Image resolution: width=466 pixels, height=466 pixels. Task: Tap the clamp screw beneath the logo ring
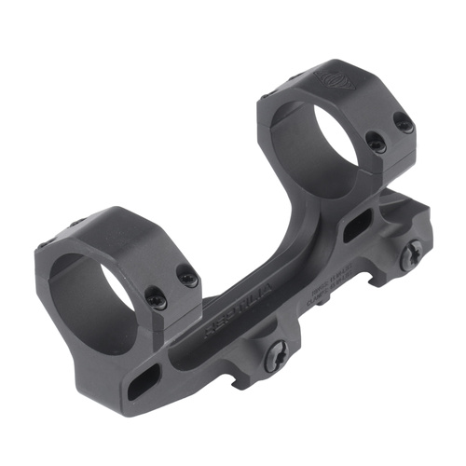click(410, 250)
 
